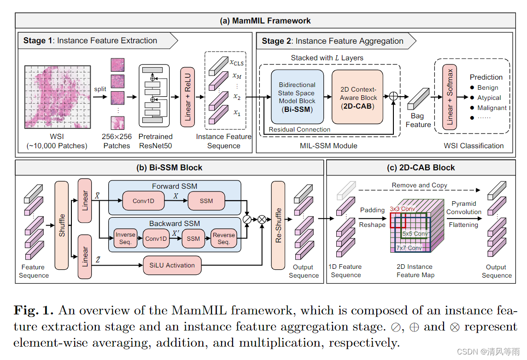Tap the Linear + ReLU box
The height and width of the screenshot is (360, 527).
[187, 97]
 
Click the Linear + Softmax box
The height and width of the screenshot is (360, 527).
[450, 97]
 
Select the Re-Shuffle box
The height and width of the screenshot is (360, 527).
[278, 225]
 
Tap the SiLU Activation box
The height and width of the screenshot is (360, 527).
[172, 265]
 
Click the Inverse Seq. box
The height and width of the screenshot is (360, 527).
[125, 238]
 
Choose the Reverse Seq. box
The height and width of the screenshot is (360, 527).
[224, 238]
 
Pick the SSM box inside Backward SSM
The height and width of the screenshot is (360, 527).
[193, 238]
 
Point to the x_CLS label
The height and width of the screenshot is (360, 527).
[236, 62]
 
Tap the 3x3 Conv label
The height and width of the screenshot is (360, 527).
[402, 209]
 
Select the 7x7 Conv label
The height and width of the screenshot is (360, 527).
[409, 248]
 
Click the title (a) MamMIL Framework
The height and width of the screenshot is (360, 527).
[265, 21]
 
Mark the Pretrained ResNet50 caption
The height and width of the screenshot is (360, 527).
[155, 141]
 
